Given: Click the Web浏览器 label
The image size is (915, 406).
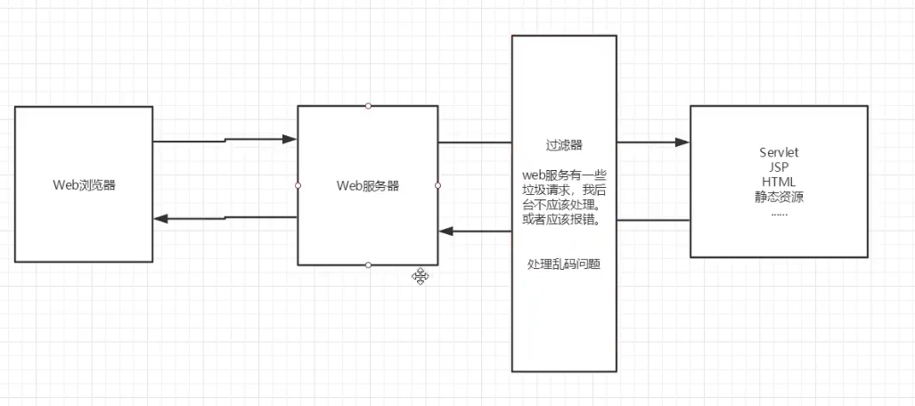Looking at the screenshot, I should tap(85, 186).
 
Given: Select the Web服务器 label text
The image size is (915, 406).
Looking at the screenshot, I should tap(367, 186).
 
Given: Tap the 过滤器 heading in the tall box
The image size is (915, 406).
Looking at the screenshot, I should tap(564, 144).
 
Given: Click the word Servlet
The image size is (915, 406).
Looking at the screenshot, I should tap(779, 152).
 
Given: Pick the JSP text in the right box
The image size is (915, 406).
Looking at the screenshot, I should tap(779, 167).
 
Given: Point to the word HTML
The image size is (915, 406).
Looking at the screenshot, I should tap(779, 183).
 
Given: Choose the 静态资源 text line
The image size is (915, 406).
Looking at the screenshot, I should tap(779, 198).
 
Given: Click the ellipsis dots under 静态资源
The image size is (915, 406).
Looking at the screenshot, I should tap(779, 213).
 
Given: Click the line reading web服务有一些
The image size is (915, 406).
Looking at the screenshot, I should tap(564, 175).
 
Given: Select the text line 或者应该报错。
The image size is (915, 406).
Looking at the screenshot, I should tap(564, 220).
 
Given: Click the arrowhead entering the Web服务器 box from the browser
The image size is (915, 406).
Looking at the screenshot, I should tap(289, 139).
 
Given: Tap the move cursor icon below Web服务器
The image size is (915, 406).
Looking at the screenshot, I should tap(421, 276).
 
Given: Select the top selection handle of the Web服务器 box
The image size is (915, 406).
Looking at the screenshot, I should tap(368, 106).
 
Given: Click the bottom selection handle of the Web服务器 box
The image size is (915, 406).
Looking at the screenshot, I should tap(368, 264).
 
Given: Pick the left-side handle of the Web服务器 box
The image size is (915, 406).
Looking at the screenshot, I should tap(298, 185).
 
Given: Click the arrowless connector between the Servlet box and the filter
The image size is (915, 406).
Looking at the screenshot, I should tap(653, 220).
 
